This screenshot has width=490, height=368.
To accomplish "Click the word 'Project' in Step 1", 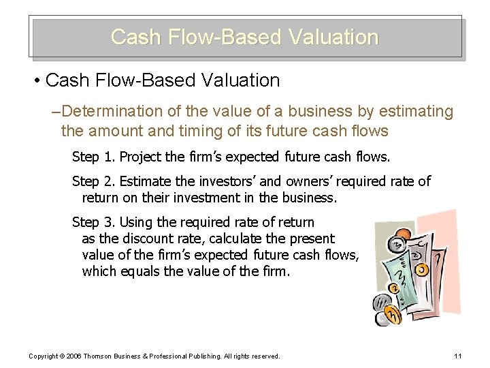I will pyautogui.click(x=141, y=157).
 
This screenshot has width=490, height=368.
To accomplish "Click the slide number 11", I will pyautogui.click(x=457, y=356).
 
